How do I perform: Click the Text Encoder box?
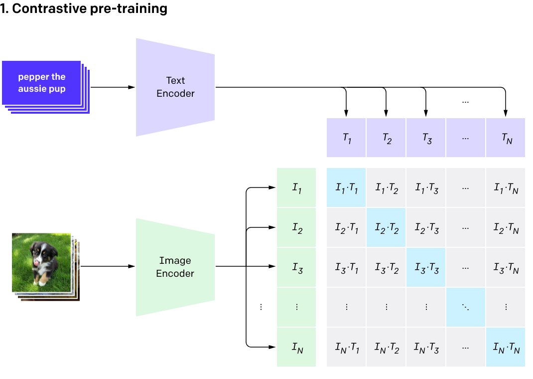coord(175,87)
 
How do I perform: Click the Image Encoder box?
coord(175,267)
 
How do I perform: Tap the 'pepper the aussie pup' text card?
coord(42,83)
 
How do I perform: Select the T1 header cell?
coord(347,138)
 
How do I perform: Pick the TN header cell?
coord(506,138)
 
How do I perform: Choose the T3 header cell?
coord(426,138)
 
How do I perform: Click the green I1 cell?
coord(296,188)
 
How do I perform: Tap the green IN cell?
coord(296,347)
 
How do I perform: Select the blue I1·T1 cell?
coord(347,188)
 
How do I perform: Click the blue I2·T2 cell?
coord(387,227)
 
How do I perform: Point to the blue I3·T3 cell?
coord(426,267)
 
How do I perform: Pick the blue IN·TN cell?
coord(506,347)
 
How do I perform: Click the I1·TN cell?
coord(506,188)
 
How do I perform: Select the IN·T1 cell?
coord(347,347)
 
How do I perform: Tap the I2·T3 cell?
coord(426,227)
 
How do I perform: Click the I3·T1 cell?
coord(347,267)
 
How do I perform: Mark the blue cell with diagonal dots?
coord(466,307)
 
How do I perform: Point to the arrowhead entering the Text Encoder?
coord(132,87)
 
